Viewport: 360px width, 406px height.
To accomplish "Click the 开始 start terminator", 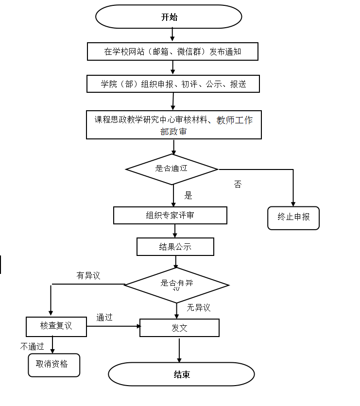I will click(169, 17).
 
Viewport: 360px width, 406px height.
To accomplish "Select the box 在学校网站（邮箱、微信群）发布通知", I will click(172, 51).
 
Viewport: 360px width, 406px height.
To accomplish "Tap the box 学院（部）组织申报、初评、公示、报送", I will click(173, 84).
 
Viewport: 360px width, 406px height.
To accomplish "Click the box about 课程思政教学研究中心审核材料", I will click(173, 125).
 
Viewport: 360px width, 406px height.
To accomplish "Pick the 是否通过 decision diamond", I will click(171, 169).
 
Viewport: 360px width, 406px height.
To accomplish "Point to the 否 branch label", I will click(238, 185).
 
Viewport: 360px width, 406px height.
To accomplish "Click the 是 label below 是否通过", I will click(189, 196).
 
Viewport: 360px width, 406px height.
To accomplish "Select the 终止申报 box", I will click(293, 217).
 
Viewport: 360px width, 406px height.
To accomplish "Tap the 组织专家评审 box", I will click(170, 215).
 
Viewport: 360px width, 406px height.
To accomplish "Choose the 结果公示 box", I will click(175, 247).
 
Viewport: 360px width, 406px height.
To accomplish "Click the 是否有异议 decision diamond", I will click(176, 285).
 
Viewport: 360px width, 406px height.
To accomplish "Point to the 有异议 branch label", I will click(88, 276).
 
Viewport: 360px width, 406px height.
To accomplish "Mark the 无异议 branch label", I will click(199, 307).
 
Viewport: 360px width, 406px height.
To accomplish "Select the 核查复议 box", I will click(56, 326).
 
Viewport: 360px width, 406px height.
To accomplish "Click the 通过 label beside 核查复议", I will click(104, 318).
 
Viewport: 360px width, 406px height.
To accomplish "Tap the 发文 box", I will click(179, 328).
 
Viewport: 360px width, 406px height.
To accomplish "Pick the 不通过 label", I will click(32, 347).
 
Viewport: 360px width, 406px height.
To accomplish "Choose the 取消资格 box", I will click(53, 365).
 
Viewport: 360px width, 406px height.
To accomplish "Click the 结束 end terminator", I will click(181, 374).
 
